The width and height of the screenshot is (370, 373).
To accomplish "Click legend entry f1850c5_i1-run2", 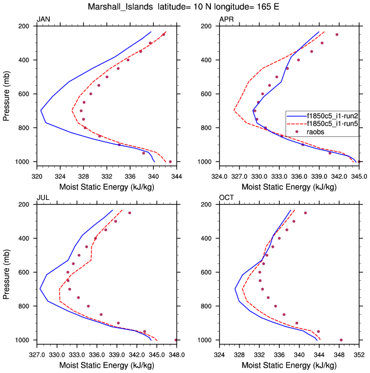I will tap(332, 116).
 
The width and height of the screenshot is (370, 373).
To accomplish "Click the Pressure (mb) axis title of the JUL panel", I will tap(7, 272).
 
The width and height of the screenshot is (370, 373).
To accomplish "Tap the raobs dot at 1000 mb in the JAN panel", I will tap(170, 161).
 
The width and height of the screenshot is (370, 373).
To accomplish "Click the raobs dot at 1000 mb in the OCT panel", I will tap(341, 340).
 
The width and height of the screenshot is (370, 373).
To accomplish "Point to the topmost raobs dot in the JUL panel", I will tap(129, 213).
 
